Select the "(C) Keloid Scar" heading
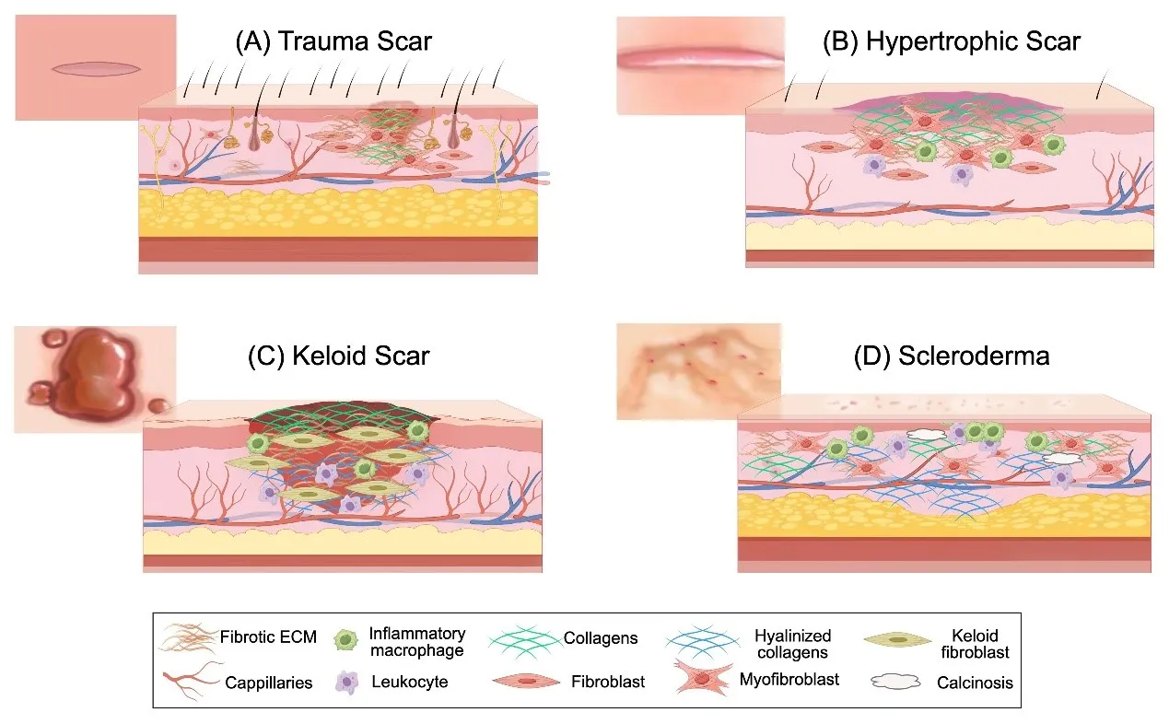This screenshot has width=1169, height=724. (338, 356)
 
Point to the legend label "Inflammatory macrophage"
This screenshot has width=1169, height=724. (416, 641)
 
